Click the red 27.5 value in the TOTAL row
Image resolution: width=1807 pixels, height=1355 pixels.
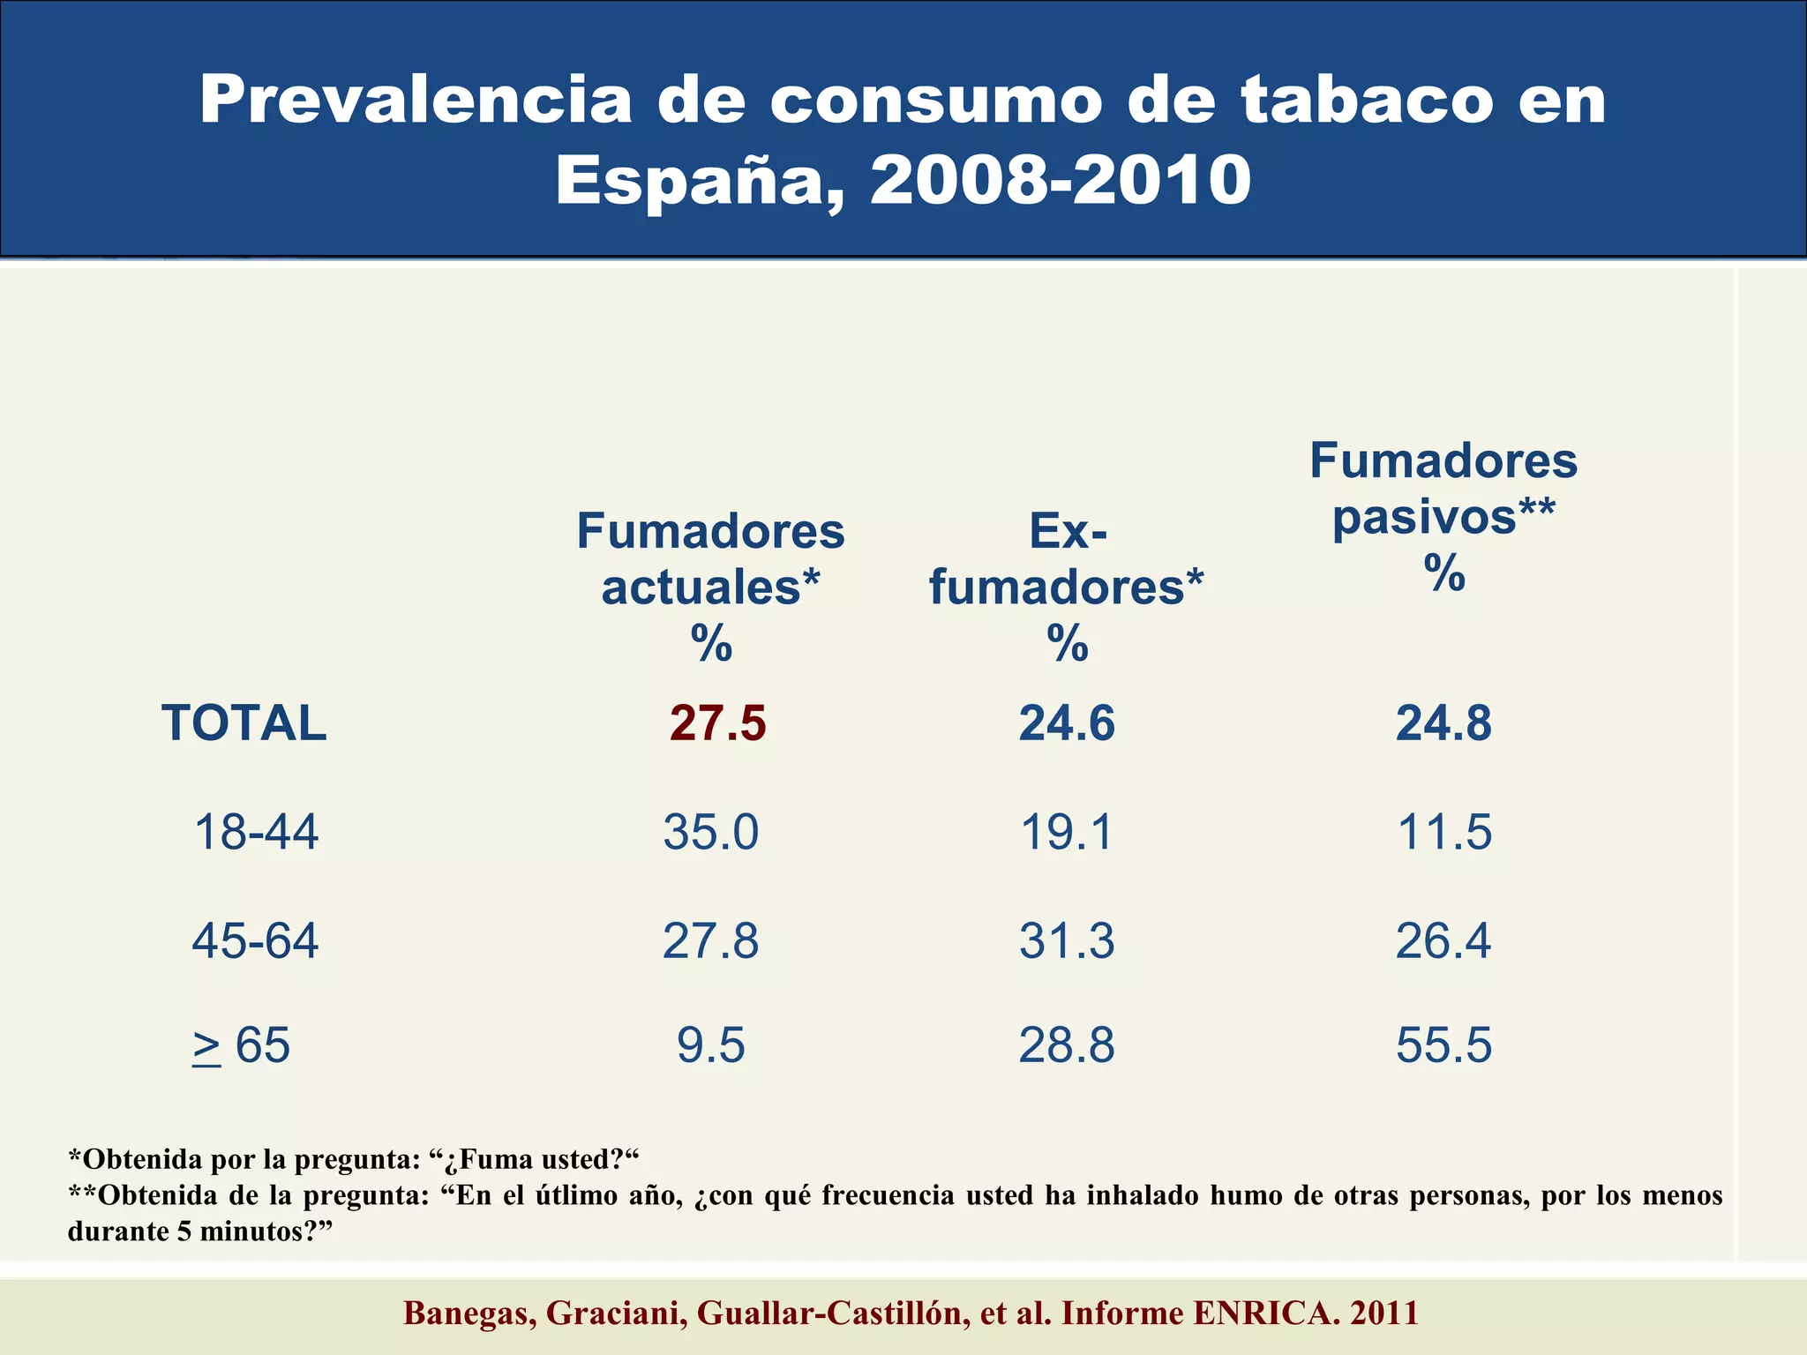pyautogui.click(x=717, y=723)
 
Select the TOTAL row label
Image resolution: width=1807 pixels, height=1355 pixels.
pyautogui.click(x=244, y=723)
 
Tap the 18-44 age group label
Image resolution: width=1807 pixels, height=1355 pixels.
pyautogui.click(x=256, y=832)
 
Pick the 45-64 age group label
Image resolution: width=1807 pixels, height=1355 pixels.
pyautogui.click(x=256, y=940)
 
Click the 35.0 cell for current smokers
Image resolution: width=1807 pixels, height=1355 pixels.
pyautogui.click(x=711, y=832)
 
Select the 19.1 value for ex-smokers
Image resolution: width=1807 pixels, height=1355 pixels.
pyautogui.click(x=1067, y=832)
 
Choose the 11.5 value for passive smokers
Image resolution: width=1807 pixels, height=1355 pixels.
pyautogui.click(x=1444, y=832)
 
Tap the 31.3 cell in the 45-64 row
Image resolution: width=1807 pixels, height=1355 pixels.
pyautogui.click(x=1067, y=940)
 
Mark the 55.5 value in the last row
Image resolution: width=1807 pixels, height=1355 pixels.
pyautogui.click(x=1444, y=1046)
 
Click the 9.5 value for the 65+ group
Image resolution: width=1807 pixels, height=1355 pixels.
pyautogui.click(x=711, y=1046)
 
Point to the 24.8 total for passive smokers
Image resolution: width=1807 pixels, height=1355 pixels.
pyautogui.click(x=1444, y=723)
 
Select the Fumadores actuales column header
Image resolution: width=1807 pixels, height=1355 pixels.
pyautogui.click(x=711, y=559)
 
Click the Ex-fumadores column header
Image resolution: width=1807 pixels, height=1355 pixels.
pyautogui.click(x=1067, y=559)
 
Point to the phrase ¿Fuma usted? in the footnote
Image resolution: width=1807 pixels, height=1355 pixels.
pyautogui.click(x=537, y=1159)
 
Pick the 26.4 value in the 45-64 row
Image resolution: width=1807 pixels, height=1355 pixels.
pyautogui.click(x=1444, y=940)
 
